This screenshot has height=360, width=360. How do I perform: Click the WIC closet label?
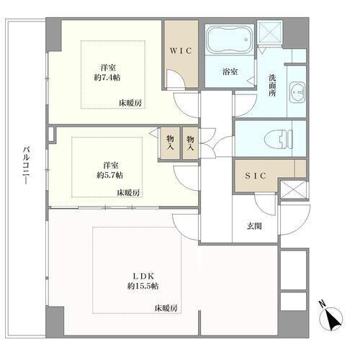click(x=181, y=51)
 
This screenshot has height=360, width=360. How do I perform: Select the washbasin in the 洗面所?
click(x=297, y=93)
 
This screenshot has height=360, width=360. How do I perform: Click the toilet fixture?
click(x=279, y=140)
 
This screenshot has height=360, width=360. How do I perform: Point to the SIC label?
click(x=256, y=176)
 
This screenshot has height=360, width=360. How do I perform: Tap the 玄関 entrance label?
click(x=254, y=226)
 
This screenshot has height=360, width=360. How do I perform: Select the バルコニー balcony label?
click(x=27, y=166)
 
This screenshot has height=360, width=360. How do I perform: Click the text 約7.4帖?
click(x=107, y=78)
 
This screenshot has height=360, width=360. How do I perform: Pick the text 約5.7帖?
click(x=109, y=175)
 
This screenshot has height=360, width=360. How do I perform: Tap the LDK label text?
click(x=143, y=276)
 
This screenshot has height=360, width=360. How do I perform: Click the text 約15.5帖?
click(x=143, y=286)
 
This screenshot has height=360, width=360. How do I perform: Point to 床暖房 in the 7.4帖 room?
click(x=130, y=104)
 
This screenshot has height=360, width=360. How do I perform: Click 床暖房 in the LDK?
click(x=166, y=308)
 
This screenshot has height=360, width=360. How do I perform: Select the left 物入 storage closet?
click(x=170, y=143)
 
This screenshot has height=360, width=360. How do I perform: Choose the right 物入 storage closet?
click(x=191, y=143)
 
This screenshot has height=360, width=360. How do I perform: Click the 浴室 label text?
click(x=230, y=71)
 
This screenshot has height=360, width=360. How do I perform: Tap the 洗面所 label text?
click(x=272, y=86)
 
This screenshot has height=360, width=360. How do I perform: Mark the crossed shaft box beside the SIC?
click(x=293, y=189)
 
